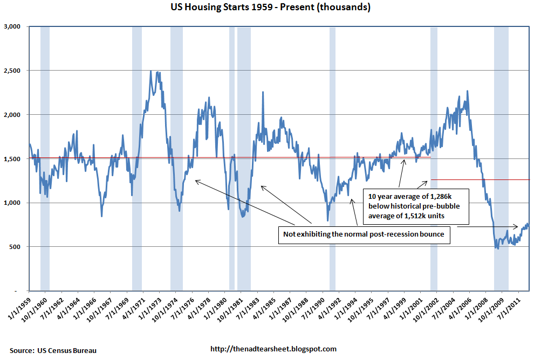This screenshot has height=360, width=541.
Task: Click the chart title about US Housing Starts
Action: pos(270,8)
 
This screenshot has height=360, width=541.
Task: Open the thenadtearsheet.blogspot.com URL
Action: pos(273,349)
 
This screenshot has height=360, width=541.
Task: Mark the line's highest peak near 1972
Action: pos(150,72)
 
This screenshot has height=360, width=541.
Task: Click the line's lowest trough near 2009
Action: pos(497,248)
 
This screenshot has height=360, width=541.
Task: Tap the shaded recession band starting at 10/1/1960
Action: pos(45,162)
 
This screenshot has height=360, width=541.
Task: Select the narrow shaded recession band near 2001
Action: pos(434,162)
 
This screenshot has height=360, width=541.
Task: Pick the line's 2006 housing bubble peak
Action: pos(467,91)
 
